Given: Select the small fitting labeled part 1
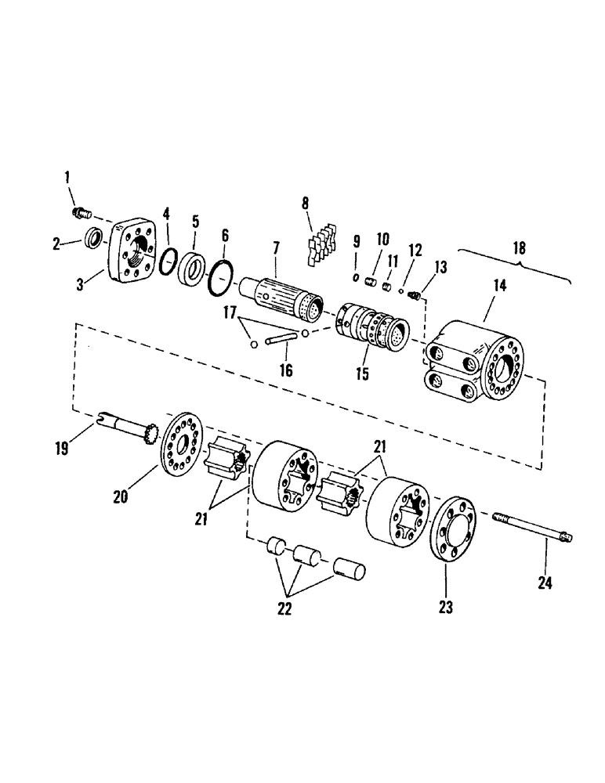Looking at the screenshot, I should pyautogui.click(x=82, y=211).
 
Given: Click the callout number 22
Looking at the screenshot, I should pyautogui.click(x=284, y=608).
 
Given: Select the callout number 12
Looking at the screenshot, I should pyautogui.click(x=414, y=250).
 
